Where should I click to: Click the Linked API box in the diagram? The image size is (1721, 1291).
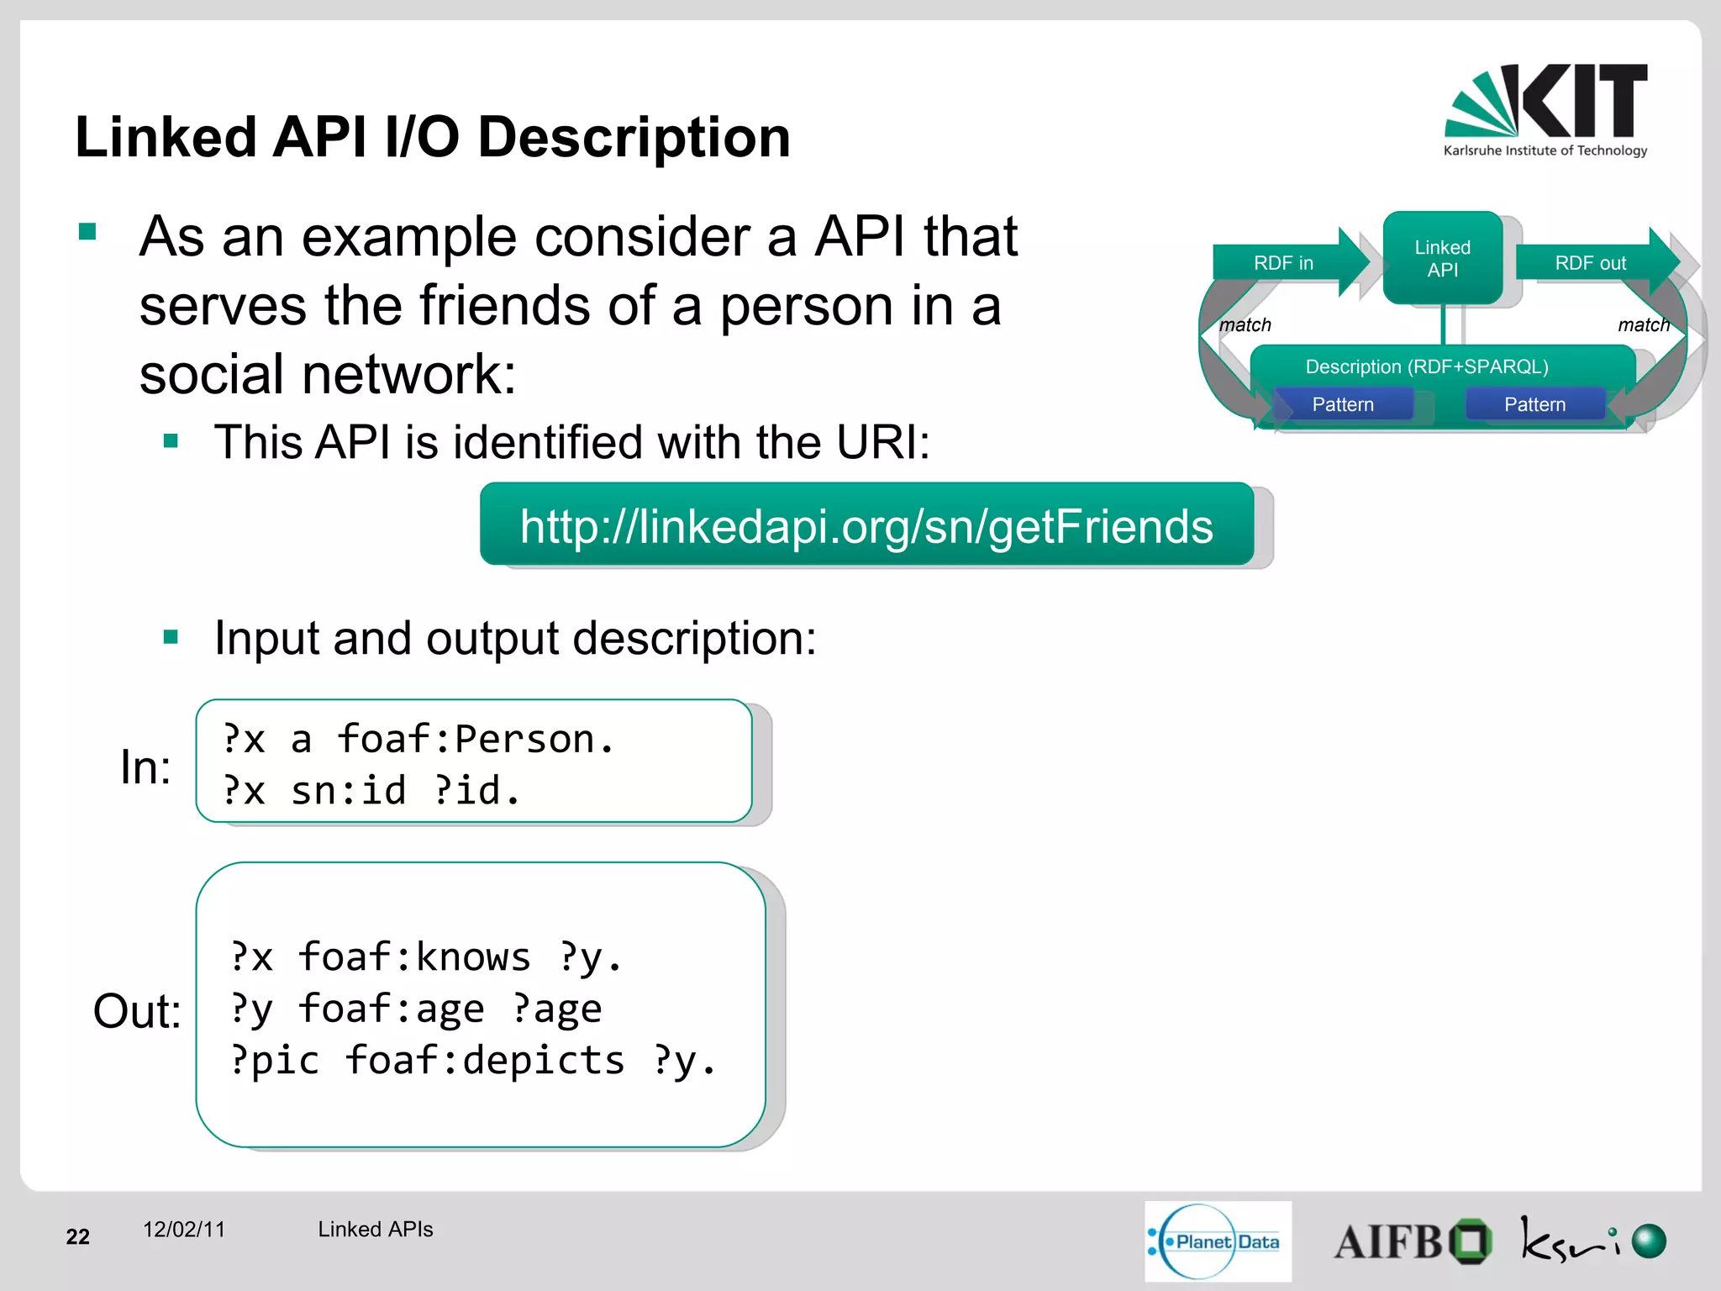point(1442,258)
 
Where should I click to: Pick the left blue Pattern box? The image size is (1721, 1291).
point(1342,404)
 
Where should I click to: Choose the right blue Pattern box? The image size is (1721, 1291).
point(1534,404)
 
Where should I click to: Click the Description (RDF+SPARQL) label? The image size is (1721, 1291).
point(1426,366)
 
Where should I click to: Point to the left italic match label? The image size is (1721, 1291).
point(1245,324)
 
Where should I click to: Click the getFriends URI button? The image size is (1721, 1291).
point(866,526)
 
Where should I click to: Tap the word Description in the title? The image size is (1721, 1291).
point(634,137)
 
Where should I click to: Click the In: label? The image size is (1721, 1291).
point(145,767)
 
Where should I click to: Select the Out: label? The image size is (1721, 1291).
point(137,1010)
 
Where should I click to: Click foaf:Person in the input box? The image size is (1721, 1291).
point(475,740)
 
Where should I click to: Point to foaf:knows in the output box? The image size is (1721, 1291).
point(414,956)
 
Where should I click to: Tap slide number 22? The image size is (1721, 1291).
point(77,1236)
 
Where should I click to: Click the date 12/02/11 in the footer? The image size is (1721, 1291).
point(184,1229)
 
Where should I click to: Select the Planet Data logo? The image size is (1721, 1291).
point(1218,1241)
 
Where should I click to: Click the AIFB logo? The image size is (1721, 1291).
point(1412,1241)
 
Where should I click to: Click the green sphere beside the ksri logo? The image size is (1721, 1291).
point(1649,1241)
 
